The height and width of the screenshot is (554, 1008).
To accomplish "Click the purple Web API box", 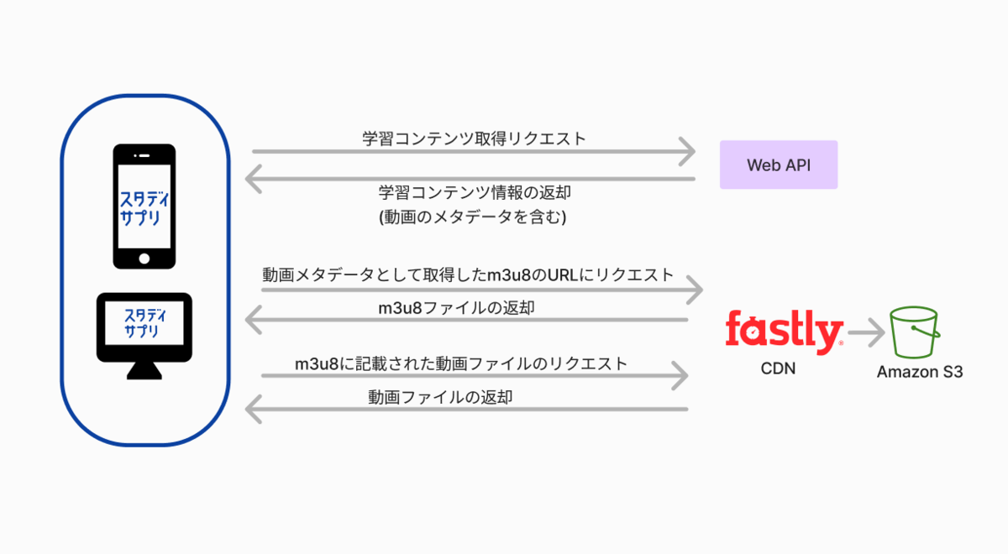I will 778,165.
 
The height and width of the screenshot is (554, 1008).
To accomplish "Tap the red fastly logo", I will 784,332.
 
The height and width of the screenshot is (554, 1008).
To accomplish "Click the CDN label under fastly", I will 779,370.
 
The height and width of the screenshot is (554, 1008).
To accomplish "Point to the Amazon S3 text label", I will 920,371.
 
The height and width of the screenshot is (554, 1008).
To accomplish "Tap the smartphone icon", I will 144,206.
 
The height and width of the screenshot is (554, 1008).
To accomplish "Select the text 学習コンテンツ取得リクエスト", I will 475,139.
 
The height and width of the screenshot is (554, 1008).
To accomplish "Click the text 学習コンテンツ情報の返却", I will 475,193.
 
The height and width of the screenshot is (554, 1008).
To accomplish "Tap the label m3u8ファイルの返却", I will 456,307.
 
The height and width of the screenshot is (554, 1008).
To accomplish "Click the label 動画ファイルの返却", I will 440,397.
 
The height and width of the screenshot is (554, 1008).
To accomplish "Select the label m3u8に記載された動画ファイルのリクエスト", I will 461,363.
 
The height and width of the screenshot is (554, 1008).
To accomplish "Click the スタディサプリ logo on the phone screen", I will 144,202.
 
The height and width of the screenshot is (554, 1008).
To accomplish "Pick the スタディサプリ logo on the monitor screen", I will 144,323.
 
